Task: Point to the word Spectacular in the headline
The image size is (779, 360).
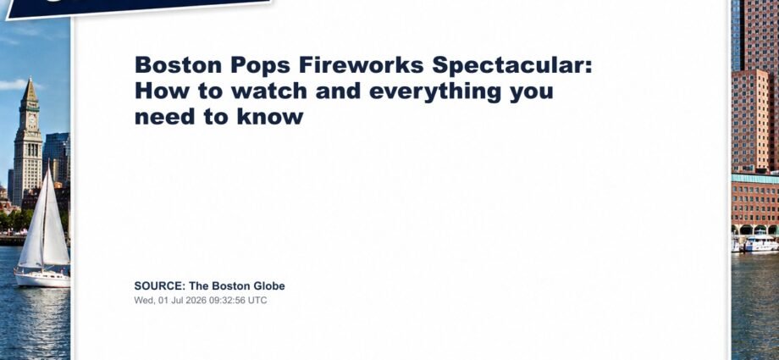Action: pyautogui.click(x=512, y=66)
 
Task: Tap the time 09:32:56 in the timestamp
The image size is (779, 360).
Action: pyautogui.click(x=224, y=301)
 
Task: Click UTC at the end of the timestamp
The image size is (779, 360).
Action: pyautogui.click(x=258, y=301)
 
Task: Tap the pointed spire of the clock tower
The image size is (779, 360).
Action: pyautogui.click(x=30, y=90)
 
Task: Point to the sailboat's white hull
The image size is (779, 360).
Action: pyautogui.click(x=42, y=280)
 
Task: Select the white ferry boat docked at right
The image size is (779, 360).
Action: pyautogui.click(x=760, y=244)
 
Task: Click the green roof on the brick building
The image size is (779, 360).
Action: pyautogui.click(x=755, y=179)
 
